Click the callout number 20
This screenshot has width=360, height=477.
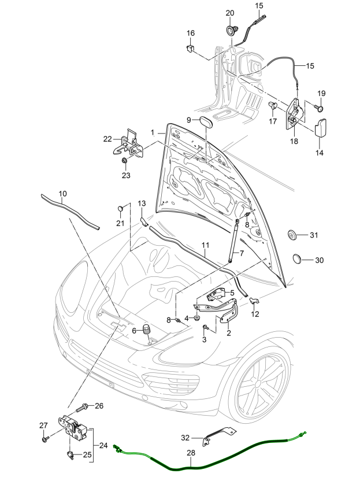pyautogui.click(x=229, y=13)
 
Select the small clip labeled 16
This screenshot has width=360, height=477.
pyautogui.click(x=191, y=48)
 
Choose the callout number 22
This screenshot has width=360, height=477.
pyautogui.click(x=107, y=139)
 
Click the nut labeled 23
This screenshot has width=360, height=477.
pyautogui.click(x=125, y=161)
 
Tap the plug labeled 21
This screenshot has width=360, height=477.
pyautogui.click(x=121, y=206)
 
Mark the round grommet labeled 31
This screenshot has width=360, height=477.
pyautogui.click(x=293, y=234)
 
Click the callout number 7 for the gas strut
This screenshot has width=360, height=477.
pyautogui.click(x=242, y=253)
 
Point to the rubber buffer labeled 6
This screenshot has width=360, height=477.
pyautogui.click(x=147, y=331)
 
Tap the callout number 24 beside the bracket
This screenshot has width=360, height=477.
pyautogui.click(x=103, y=445)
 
